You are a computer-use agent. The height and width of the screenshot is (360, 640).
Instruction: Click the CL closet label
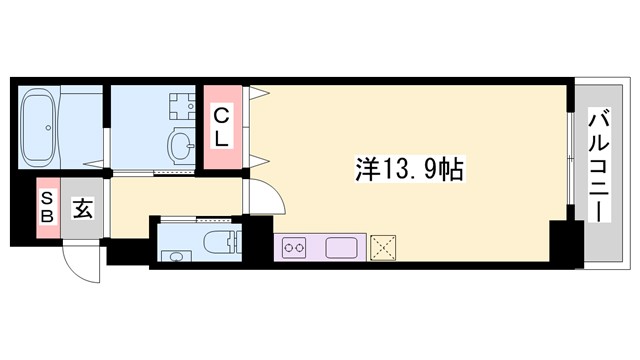point(223,127)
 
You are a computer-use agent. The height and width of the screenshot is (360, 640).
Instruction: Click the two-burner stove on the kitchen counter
point(295,246)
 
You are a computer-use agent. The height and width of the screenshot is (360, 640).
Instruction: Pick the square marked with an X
point(384,247)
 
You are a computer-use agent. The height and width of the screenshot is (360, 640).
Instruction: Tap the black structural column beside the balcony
point(566,245)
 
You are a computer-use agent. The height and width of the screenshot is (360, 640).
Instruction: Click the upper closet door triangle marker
point(259,95)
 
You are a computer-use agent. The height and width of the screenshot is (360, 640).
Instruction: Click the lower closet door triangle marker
point(259,160)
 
